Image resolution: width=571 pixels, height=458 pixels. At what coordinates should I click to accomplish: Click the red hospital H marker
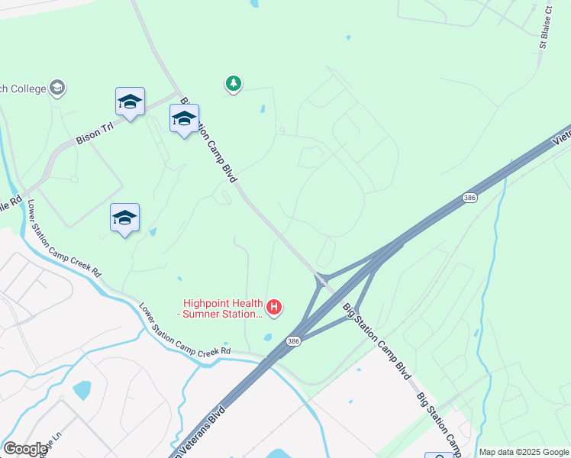pos(274,308)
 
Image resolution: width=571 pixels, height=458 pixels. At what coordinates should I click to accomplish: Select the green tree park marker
pos(234,83)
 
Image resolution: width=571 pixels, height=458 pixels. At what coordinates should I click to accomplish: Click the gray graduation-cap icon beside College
pos(57,89)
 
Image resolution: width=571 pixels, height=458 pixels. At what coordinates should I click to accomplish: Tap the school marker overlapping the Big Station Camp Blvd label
pos(184,119)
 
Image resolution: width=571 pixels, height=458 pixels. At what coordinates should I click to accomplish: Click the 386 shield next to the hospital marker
pos(293,340)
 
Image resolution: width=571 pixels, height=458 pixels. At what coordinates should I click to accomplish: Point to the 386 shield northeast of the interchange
pos(469,198)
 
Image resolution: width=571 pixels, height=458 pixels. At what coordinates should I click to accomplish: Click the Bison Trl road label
pos(95,134)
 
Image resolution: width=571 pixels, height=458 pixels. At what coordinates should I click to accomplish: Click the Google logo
pos(24,449)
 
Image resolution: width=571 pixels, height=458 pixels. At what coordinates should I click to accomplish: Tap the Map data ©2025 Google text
pos(524,452)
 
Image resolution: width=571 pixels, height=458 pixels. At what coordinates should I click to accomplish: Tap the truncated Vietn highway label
pos(561,136)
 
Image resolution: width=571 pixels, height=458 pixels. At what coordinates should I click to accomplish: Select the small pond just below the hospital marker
pos(267,337)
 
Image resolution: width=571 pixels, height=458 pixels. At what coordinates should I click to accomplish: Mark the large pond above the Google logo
pos(82,391)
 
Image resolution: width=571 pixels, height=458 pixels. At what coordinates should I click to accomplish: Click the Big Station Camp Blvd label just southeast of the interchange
pos(377,342)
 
